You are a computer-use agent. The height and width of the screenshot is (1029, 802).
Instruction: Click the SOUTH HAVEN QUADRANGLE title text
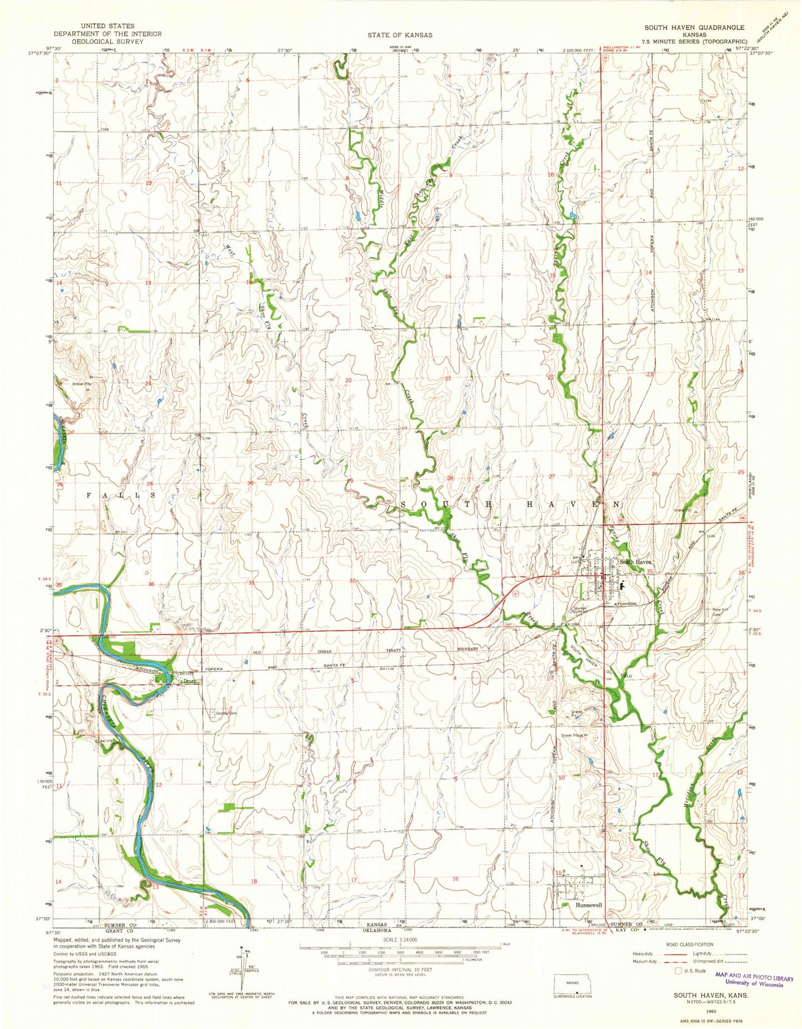[x=694, y=27]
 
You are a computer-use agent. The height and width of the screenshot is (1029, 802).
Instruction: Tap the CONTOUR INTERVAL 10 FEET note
[x=400, y=971]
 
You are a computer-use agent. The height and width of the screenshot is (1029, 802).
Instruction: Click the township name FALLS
[x=120, y=493]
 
